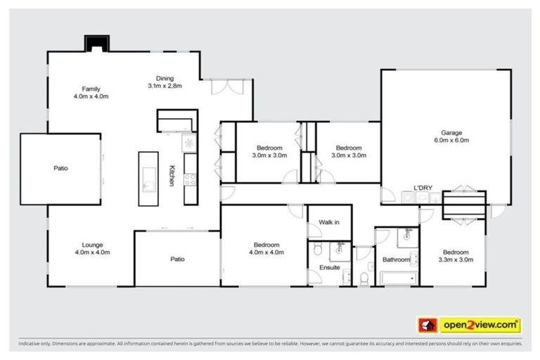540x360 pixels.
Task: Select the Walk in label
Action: coord(329,222)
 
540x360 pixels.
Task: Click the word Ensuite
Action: coord(329,267)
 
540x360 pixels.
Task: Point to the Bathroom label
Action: coord(396,259)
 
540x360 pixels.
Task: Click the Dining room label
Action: coord(165,78)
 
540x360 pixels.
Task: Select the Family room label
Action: coord(91,89)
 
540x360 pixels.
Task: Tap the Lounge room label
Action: coord(91,245)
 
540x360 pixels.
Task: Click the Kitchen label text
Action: coord(172,175)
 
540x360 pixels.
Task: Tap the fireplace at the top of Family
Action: coord(94,44)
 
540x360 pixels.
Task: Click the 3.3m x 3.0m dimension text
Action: coord(455,259)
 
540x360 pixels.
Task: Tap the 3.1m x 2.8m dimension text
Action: coord(165,86)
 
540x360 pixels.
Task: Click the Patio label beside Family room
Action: coord(60,168)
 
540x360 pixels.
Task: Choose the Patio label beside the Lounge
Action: coord(177,259)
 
